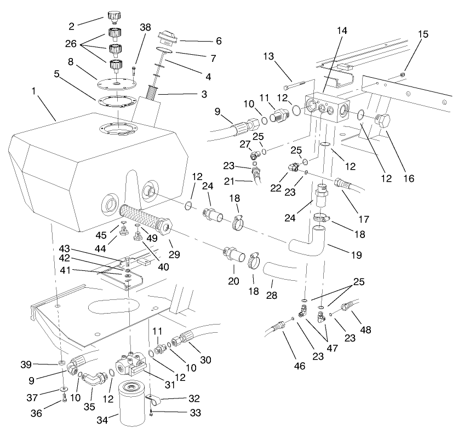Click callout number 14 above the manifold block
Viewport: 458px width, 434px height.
(x=342, y=32)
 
